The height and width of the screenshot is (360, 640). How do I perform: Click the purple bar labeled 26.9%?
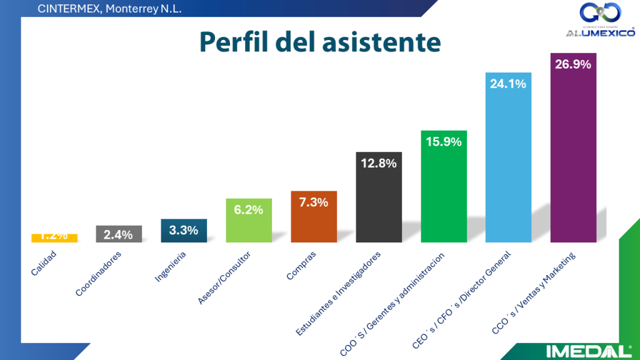click(573, 150)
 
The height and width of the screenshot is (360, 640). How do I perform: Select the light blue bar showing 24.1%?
click(508, 159)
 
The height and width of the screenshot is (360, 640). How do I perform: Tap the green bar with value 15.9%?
click(444, 187)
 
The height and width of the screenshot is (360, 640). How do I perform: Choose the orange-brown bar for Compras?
click(314, 219)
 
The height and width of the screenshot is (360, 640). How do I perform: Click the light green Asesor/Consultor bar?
click(249, 222)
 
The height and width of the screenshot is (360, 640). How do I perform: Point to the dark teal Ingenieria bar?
click(184, 231)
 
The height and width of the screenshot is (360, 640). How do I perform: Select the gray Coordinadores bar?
click(119, 234)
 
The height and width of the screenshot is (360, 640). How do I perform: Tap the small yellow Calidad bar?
click(54, 238)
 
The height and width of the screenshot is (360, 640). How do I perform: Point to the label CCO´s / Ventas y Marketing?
click(534, 293)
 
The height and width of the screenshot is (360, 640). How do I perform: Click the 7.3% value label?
click(314, 202)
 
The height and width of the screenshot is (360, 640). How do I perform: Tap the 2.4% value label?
click(119, 235)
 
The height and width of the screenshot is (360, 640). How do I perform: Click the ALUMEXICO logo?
click(600, 22)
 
